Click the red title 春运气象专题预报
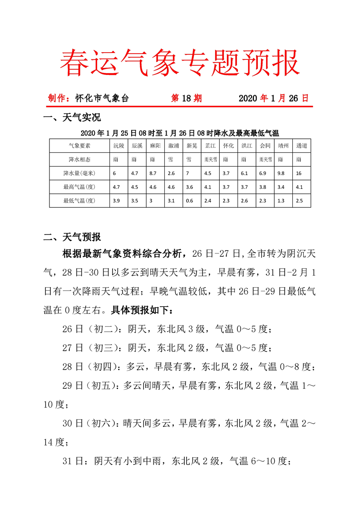[x=180, y=62]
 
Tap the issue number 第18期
[x=186, y=98]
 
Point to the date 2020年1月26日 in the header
[x=273, y=98]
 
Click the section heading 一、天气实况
[x=71, y=118]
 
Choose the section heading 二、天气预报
[x=71, y=237]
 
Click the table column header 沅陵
[x=118, y=146]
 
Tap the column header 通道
[x=301, y=146]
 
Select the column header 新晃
[x=192, y=146]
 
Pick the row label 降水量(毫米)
[x=79, y=173]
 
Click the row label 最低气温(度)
[x=79, y=200]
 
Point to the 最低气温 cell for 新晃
[x=190, y=200]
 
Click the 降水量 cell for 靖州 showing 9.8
[x=281, y=173]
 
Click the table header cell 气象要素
[x=79, y=146]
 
